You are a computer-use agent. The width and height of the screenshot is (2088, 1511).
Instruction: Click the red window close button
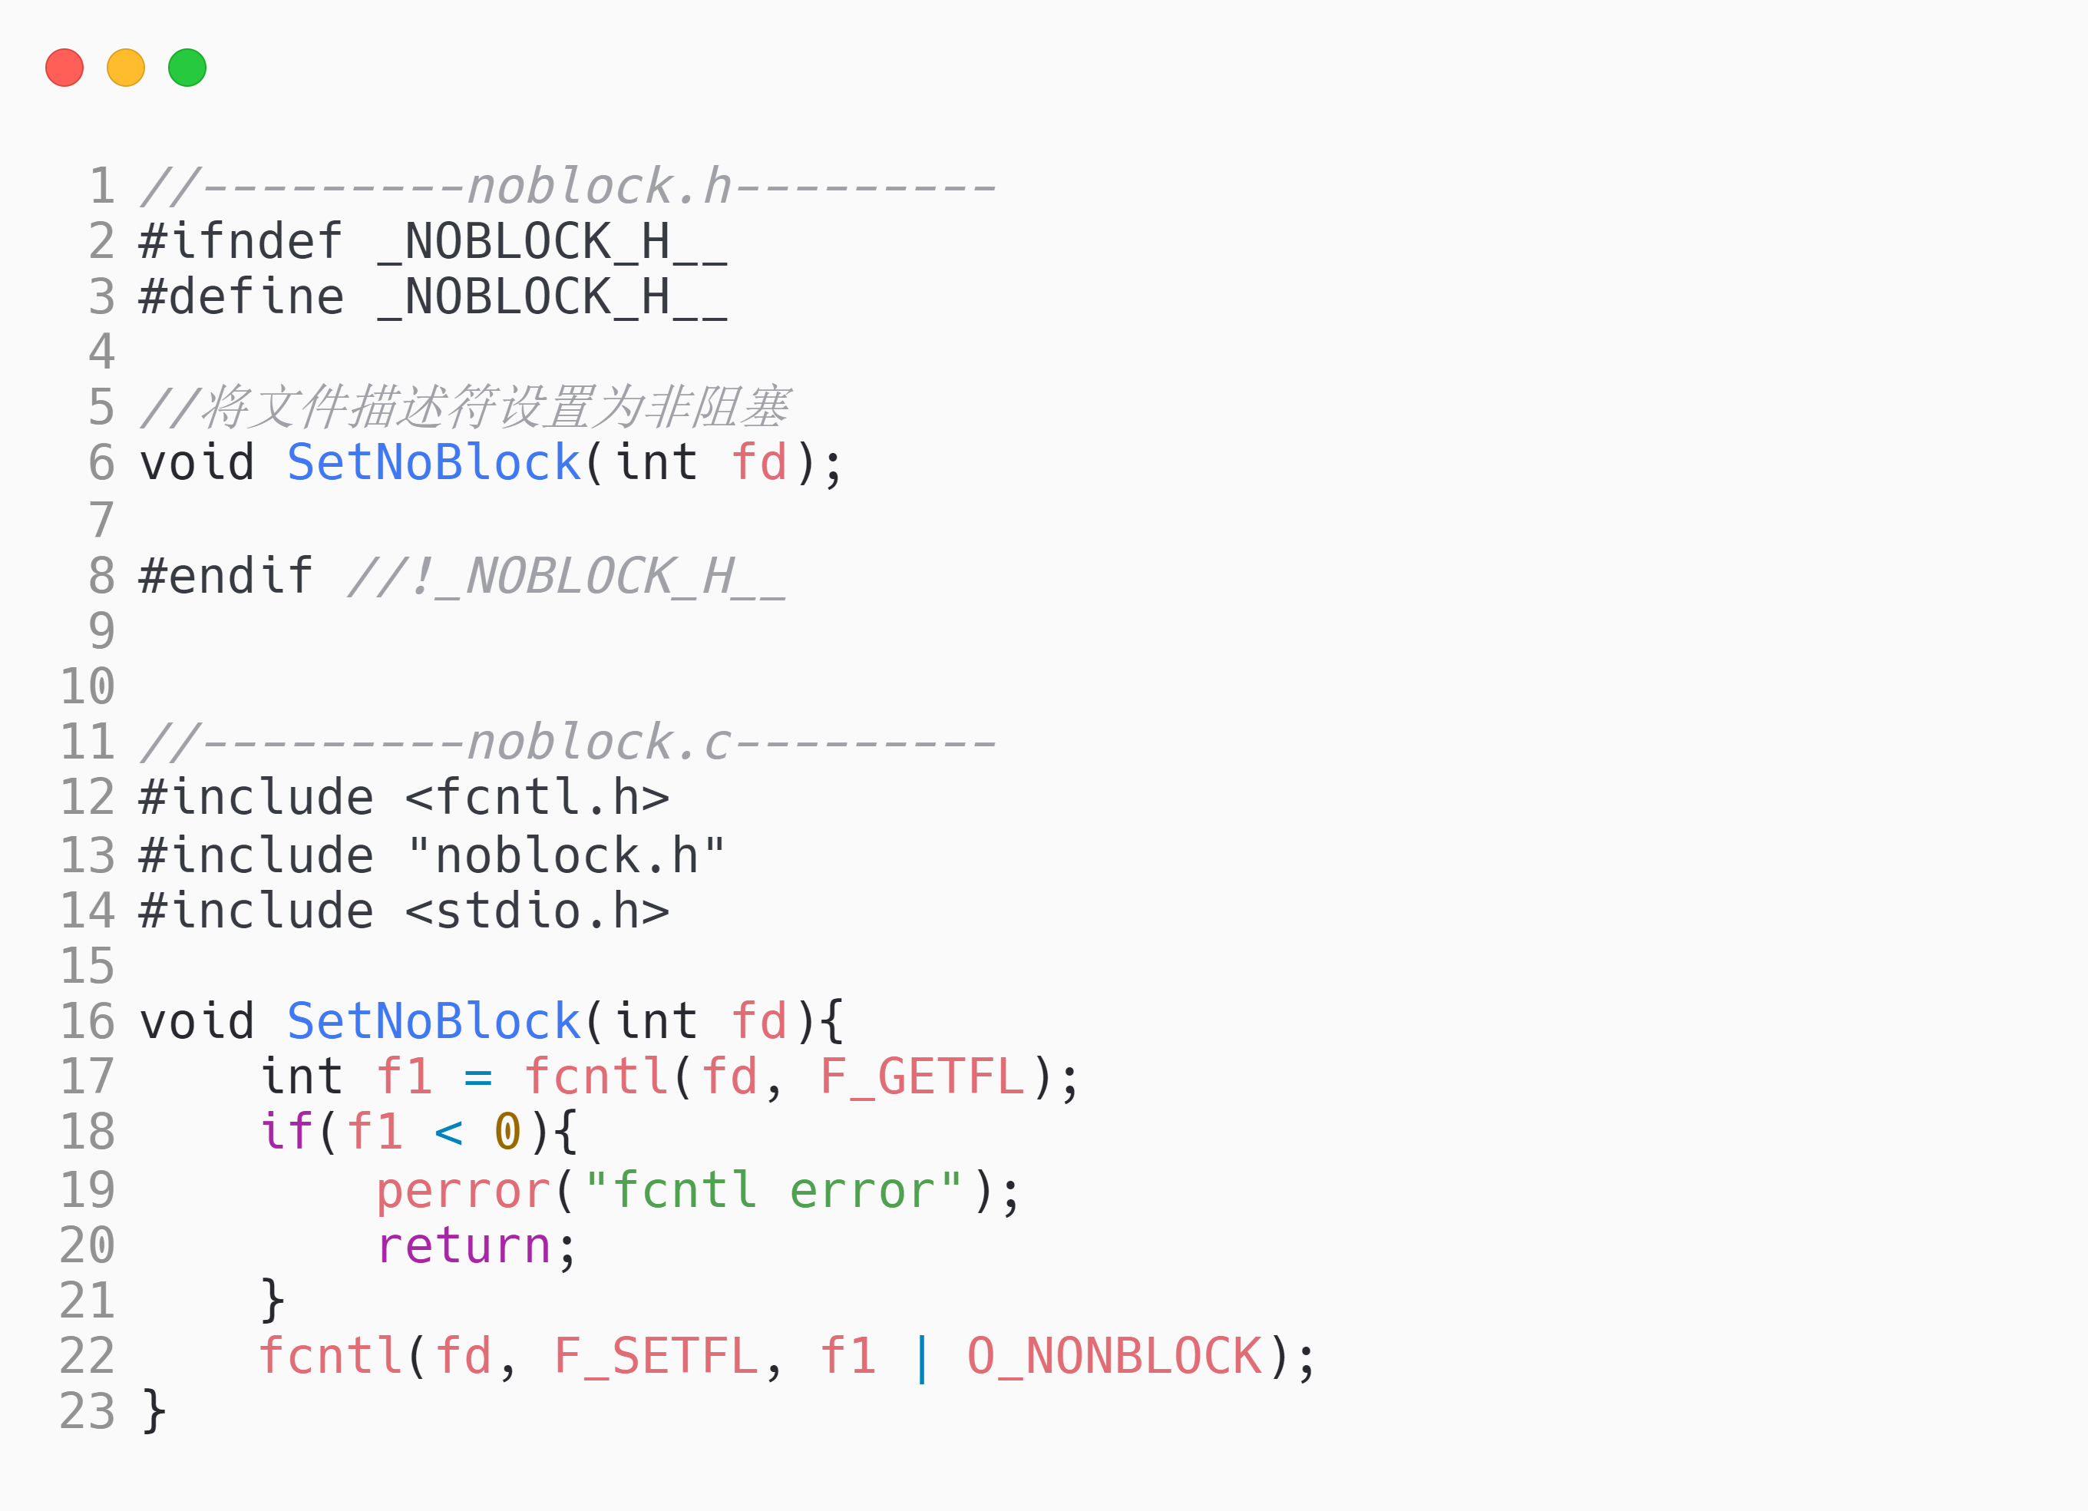tap(64, 68)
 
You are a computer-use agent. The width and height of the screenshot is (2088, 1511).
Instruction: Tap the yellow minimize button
tap(126, 68)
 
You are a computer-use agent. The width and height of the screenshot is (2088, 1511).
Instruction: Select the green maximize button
tap(187, 68)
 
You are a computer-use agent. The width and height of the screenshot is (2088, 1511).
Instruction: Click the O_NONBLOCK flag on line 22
tap(1114, 1357)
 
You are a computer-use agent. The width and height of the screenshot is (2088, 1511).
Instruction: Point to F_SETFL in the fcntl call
tap(656, 1357)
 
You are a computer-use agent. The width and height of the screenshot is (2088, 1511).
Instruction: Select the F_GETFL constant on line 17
tap(921, 1076)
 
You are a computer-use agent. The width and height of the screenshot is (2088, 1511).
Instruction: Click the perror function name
tap(463, 1191)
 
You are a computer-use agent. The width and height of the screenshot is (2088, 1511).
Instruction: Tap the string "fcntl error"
tap(773, 1191)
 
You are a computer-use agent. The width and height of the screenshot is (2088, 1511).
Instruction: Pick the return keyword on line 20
tap(463, 1246)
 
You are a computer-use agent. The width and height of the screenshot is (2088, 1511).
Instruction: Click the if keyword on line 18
tap(287, 1132)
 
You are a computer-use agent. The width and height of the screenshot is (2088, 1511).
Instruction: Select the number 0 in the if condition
tap(507, 1132)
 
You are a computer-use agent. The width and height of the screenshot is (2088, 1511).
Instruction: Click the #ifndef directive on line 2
tap(240, 241)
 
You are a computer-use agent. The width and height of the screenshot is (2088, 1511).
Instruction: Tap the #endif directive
tap(226, 576)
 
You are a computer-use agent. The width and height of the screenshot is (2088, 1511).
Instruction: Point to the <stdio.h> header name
tap(537, 911)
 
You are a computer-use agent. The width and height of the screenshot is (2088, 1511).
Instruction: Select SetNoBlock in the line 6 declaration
tap(434, 462)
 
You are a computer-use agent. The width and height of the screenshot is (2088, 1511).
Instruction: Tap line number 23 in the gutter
tap(88, 1411)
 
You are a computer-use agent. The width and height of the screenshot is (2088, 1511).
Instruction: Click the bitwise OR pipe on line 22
tap(921, 1357)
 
